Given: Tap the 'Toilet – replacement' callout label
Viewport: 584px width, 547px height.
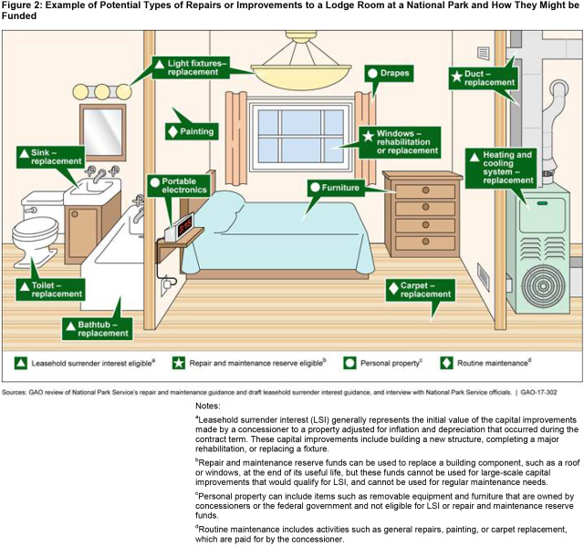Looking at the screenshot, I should point(52,289).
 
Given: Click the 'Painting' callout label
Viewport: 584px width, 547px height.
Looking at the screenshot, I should point(192,131).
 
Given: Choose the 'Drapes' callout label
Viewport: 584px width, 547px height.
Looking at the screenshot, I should point(389,73).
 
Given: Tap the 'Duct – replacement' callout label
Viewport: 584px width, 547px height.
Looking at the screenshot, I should point(484,77).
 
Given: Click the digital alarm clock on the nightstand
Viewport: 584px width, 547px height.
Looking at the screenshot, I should point(184,223).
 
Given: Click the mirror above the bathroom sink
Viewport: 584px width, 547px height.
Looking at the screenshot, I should point(102,131).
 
